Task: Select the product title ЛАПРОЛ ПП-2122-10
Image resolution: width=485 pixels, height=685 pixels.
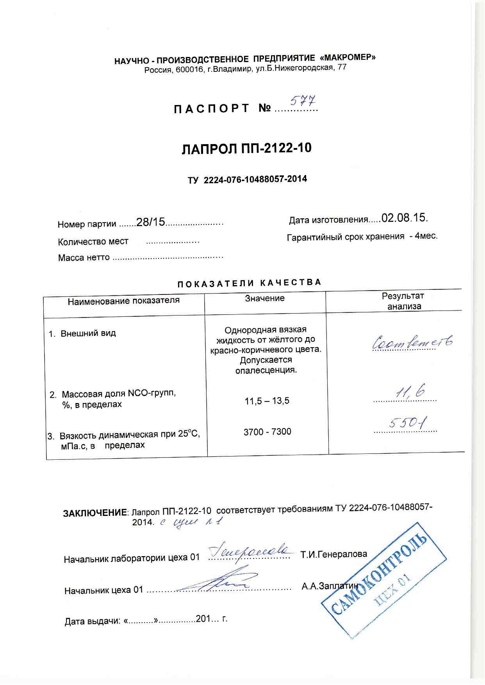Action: coord(247,149)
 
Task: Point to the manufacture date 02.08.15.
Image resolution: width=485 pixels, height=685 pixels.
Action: coord(405,218)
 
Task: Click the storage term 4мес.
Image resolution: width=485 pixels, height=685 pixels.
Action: coord(426,236)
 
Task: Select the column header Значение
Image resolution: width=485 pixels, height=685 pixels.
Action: coord(264,298)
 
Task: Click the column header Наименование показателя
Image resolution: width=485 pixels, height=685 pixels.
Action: coord(123,300)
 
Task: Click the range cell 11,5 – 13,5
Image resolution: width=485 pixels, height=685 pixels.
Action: coord(267,401)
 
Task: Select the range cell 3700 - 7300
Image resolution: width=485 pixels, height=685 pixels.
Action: coord(267,432)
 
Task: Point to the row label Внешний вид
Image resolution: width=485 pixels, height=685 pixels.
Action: coord(88,334)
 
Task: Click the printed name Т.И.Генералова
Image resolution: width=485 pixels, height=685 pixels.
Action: coord(333,554)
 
